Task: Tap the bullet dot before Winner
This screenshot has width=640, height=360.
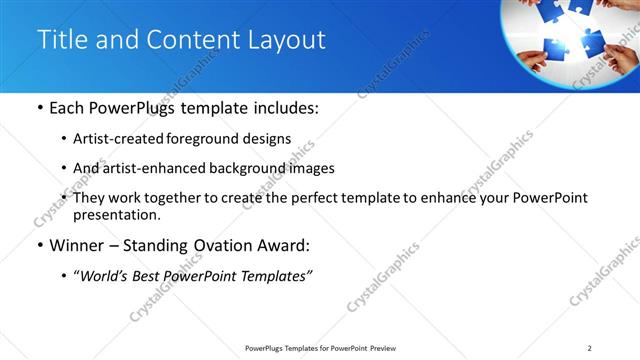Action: pos(39,246)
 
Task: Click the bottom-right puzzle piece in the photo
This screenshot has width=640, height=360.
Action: pos(592,43)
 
